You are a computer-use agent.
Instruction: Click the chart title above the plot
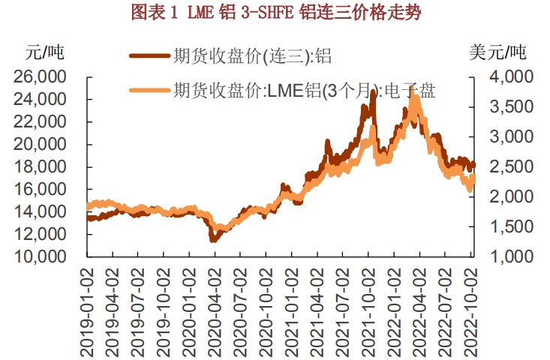(275, 12)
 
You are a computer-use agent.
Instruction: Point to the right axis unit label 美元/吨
(497, 53)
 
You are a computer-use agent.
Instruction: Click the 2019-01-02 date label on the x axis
(89, 307)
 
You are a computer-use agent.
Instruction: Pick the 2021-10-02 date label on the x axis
(369, 307)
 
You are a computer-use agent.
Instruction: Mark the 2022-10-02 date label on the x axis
(471, 307)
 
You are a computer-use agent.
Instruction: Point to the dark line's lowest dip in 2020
(213, 240)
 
